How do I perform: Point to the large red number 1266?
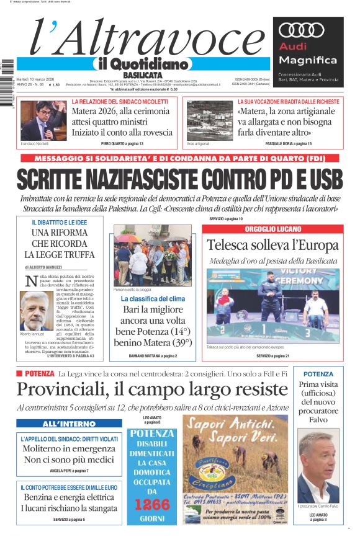point(153,504)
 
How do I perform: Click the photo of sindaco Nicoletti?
point(43,120)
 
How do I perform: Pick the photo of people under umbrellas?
point(153,255)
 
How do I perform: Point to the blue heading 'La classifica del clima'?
point(153,299)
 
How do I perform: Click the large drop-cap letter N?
point(31,280)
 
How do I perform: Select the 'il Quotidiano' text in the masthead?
point(142,64)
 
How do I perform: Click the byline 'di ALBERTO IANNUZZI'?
point(52,266)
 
